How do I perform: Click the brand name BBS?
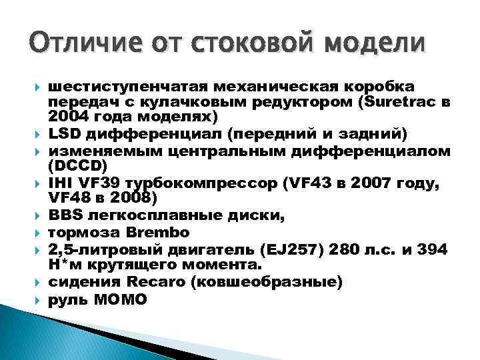click(65, 216)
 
